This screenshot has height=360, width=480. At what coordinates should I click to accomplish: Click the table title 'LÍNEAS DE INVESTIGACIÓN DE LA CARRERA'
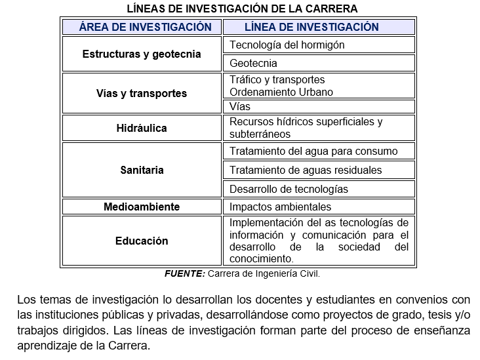(x=243, y=9)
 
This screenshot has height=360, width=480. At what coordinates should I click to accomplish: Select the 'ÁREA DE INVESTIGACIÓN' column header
(x=145, y=27)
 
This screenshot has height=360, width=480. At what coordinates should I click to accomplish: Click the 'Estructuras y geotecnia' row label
(x=142, y=54)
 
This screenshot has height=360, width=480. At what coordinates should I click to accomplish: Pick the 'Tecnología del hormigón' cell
(x=287, y=45)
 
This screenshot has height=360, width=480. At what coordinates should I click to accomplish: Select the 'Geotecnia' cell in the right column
(x=253, y=63)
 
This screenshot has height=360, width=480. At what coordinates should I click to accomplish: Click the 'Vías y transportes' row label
(x=142, y=93)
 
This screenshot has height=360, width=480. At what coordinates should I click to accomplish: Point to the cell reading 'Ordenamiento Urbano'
(x=281, y=92)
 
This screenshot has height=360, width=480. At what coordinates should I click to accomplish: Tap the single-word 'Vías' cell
(x=240, y=106)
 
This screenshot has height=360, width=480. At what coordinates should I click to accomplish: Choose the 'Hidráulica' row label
(x=142, y=128)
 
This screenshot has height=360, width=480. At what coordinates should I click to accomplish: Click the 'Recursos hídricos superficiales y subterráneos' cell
(x=306, y=128)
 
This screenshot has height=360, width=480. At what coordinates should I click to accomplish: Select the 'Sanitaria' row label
(x=142, y=170)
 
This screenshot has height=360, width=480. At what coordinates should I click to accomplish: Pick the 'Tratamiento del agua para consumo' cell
(x=313, y=151)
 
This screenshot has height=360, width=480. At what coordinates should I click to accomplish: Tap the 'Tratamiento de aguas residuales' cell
(x=306, y=170)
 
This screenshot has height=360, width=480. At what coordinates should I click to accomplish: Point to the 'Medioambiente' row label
(x=142, y=207)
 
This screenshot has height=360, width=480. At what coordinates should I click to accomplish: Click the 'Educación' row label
(x=142, y=241)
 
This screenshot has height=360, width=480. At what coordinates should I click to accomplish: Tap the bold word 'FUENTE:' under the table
(x=185, y=273)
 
